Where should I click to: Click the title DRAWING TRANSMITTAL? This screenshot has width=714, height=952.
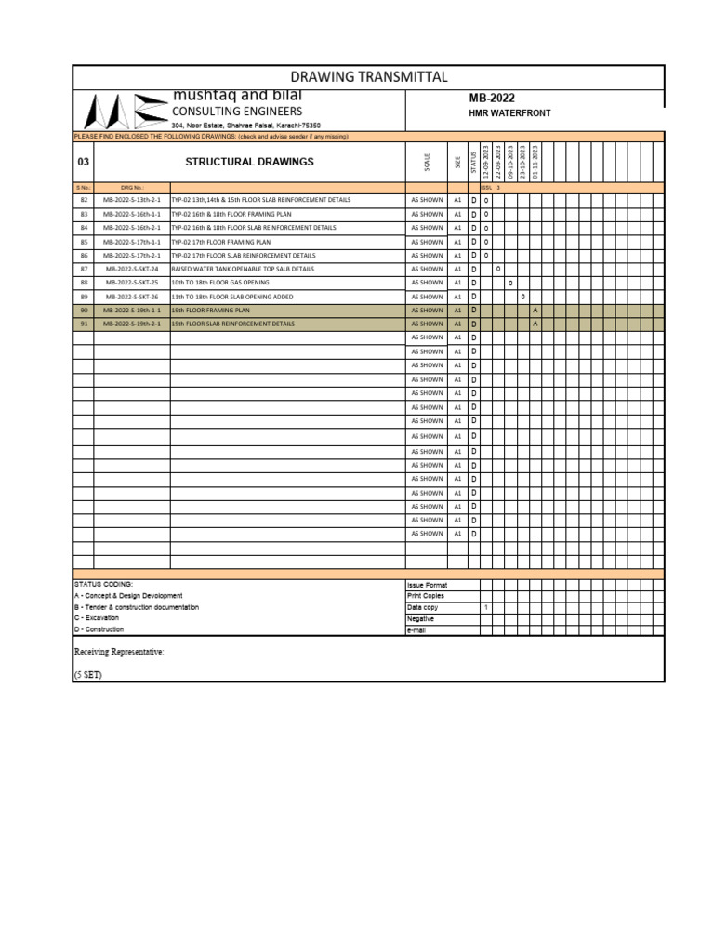point(369,77)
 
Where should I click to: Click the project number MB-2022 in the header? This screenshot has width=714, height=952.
point(493,99)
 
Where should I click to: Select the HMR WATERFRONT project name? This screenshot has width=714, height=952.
point(509,113)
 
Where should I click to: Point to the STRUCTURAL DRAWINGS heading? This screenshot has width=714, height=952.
point(249,162)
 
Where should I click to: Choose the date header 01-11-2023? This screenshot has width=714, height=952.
point(535,162)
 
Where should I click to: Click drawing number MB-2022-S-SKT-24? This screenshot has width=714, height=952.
point(131,269)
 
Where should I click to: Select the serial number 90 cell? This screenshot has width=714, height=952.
point(84,310)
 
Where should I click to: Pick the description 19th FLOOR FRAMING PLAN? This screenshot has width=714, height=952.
point(211,310)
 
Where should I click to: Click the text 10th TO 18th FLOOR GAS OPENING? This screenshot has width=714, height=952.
point(220,283)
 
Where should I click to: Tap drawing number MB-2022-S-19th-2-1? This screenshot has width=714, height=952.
point(131,324)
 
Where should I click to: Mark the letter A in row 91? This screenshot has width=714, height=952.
point(535,324)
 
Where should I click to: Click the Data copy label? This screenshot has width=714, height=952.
point(422,607)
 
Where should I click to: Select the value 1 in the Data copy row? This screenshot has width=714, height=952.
point(486,607)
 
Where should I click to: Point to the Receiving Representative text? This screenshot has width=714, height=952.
point(119,653)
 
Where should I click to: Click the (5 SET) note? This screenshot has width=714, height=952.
point(87,675)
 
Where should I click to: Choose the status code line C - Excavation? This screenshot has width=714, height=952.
point(97,618)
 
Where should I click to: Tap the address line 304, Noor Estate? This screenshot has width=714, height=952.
point(245,126)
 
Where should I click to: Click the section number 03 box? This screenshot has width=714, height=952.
point(84,162)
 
